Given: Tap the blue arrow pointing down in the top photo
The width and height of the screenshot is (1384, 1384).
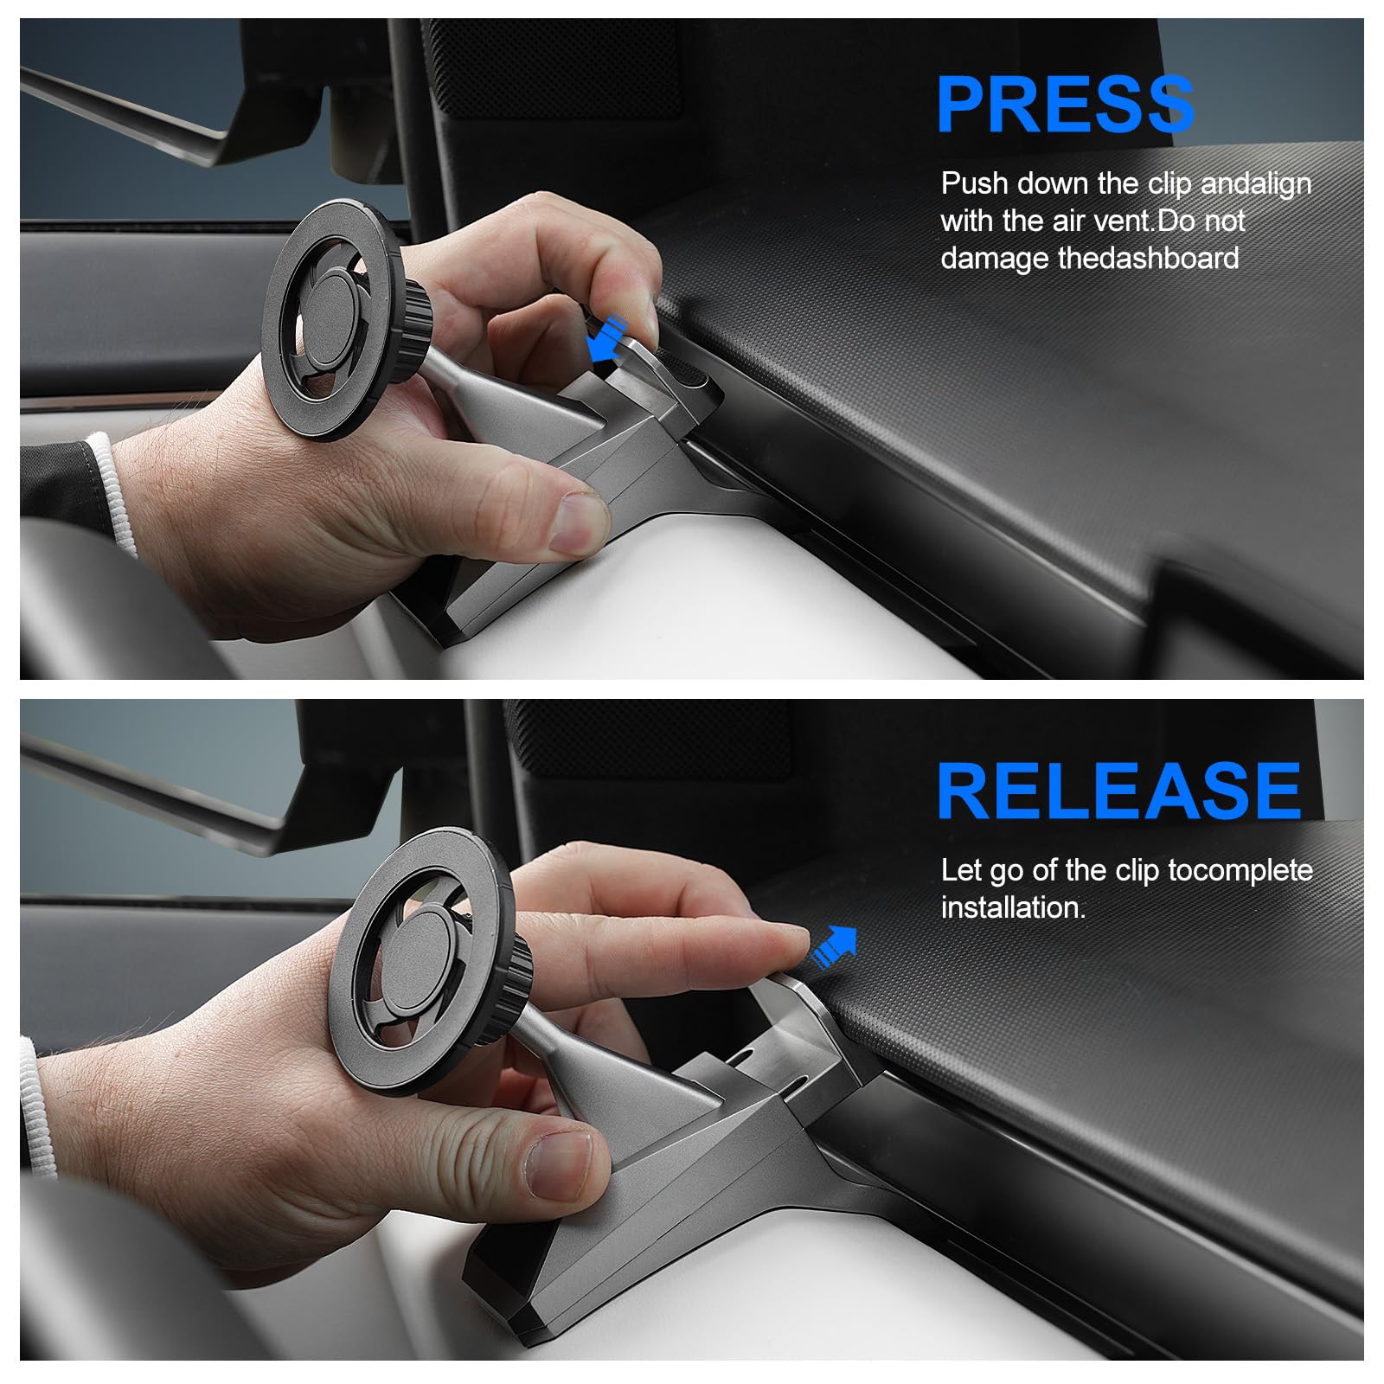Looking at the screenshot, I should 607,339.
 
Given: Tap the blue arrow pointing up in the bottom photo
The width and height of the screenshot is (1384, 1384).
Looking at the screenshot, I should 836,947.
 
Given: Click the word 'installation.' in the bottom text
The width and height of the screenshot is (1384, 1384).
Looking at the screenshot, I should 1012,907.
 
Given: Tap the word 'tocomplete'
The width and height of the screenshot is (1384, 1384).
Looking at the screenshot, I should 1240,869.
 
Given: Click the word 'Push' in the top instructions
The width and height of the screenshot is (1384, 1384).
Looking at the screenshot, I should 974,183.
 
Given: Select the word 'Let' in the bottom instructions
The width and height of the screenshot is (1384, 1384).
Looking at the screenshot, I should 960,869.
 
